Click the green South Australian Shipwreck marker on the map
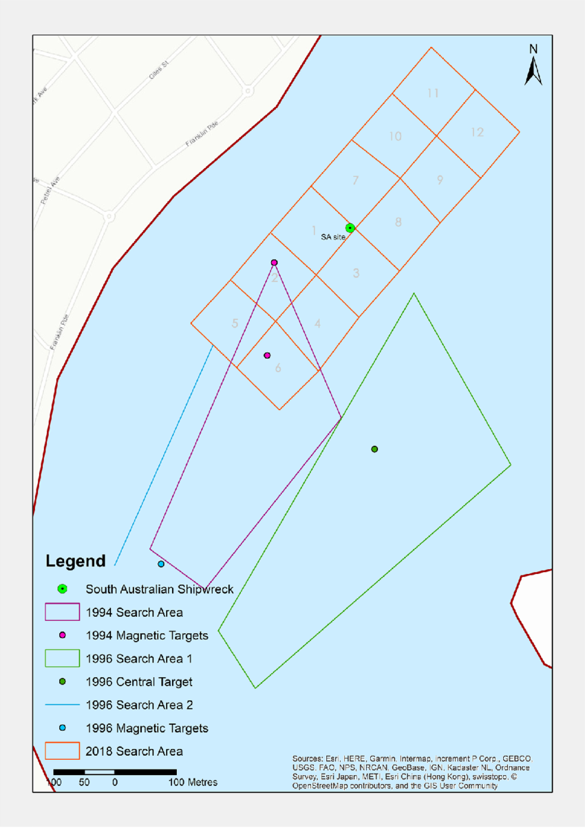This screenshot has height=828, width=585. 350,228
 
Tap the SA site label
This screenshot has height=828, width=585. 333,237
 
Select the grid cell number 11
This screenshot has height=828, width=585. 433,93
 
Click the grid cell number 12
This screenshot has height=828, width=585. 477,132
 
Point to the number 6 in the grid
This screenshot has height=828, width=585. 278,368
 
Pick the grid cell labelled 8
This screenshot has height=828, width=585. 398,222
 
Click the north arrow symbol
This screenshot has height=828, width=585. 533,67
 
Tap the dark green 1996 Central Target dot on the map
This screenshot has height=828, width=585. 374,449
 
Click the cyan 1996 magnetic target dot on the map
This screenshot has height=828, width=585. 161,564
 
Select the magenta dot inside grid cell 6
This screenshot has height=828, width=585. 267,355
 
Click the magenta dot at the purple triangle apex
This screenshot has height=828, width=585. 274,262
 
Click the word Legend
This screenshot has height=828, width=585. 76,561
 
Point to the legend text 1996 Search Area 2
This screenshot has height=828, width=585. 140,705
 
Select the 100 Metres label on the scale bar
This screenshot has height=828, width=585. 193,783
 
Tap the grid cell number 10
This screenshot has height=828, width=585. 395,136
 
